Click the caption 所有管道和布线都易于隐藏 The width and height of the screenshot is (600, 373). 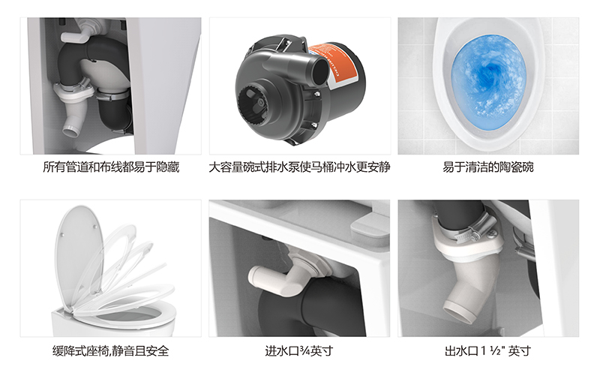111,167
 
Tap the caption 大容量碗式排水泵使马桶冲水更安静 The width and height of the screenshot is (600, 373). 299,167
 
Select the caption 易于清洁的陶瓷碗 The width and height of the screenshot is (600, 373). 488,167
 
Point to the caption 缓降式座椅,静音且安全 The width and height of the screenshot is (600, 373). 110,350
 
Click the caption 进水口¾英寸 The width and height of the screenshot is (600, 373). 299,350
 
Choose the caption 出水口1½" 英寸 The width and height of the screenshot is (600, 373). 487,350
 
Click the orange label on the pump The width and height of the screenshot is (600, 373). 332,65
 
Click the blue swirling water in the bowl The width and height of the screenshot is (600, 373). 489,82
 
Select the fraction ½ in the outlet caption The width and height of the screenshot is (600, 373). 496,350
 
